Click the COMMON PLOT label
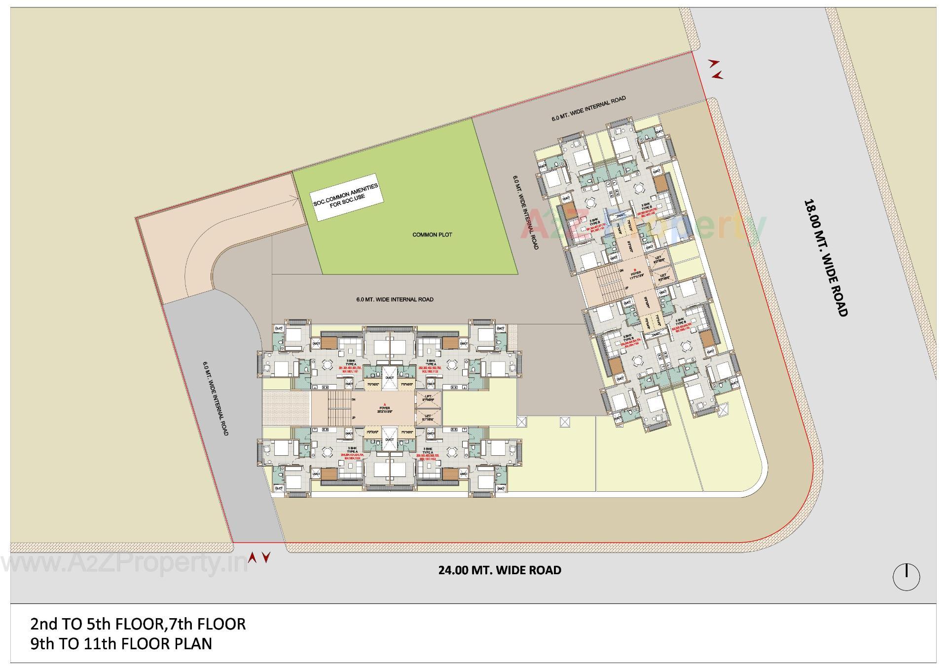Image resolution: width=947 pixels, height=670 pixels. (432, 235)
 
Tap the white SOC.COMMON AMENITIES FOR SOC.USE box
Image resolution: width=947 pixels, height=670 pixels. (348, 197)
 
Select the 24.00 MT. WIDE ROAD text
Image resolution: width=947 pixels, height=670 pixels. (500, 570)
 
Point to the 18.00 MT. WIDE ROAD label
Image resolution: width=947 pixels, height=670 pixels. (825, 257)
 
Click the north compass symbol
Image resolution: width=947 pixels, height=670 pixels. (906, 576)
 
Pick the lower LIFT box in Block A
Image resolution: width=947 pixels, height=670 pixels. (429, 418)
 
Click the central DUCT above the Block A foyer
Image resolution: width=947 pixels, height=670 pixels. (390, 378)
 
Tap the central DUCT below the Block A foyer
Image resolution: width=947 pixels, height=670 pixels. (390, 439)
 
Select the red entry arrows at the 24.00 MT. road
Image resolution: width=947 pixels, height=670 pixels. (259, 558)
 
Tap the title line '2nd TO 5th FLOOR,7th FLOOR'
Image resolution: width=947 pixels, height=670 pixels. (138, 624)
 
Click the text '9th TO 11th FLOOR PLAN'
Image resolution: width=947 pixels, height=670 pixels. (121, 644)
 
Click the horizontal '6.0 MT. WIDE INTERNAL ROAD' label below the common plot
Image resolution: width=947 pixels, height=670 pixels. (395, 299)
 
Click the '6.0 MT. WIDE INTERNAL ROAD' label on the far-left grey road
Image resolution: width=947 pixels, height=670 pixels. (215, 398)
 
